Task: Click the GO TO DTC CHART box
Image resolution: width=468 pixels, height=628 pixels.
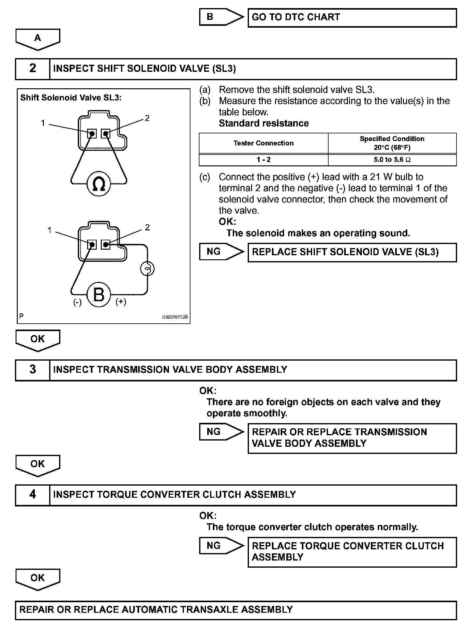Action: coord(352,18)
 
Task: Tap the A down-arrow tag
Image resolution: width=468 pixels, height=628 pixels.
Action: coord(38,39)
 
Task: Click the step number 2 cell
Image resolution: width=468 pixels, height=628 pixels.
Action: coord(33,69)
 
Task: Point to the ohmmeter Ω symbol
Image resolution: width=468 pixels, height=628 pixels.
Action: coord(99,184)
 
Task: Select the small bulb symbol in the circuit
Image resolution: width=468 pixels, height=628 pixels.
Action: coord(147,269)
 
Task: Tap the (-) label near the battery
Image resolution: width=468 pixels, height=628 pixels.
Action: coord(77,302)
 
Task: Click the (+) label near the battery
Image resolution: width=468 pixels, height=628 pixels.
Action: coord(121,302)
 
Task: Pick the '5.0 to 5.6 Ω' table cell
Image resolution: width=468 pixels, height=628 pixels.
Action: coord(392,160)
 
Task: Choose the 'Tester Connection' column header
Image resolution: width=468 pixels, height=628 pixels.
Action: coord(264,143)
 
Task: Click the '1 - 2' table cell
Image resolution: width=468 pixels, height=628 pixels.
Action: coord(264,160)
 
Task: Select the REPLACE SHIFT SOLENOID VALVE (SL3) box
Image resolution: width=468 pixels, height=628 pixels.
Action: coord(352,252)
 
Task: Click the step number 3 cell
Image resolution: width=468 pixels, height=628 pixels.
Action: coord(33,370)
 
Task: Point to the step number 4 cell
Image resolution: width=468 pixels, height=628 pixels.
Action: coord(33,495)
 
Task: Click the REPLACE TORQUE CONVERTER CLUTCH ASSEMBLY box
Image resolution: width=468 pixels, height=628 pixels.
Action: coord(352,552)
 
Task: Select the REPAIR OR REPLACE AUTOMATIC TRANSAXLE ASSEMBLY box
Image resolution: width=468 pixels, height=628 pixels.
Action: coord(236,610)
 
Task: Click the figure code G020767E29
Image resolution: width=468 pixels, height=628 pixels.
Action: coord(175,317)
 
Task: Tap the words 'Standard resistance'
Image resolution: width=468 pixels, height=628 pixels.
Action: coord(264,123)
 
